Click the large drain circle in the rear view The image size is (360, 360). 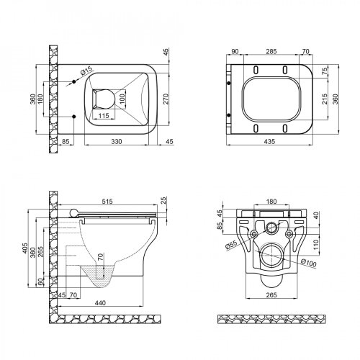tap(272, 256)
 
